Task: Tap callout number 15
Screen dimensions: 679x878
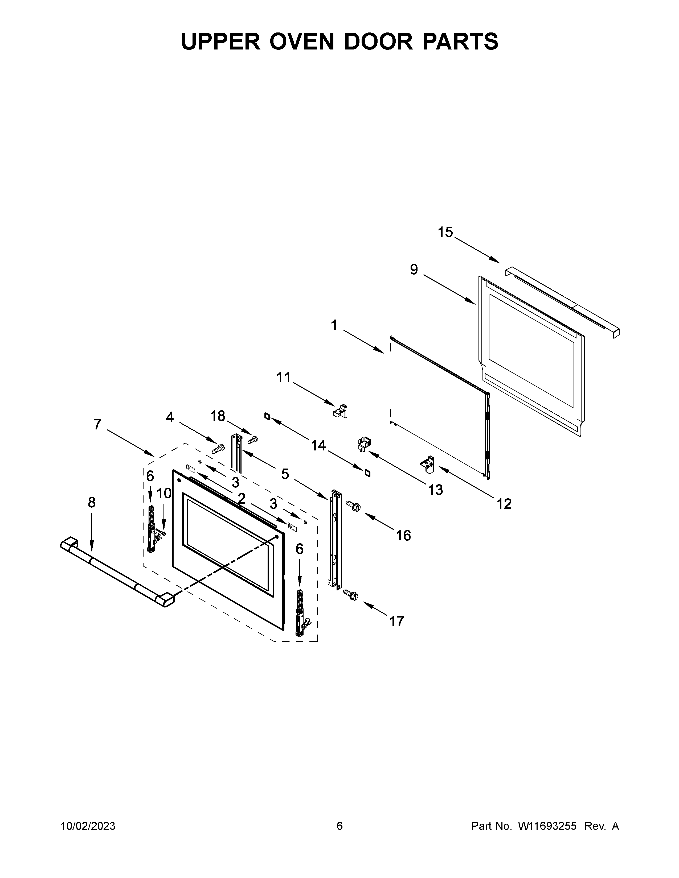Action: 445,232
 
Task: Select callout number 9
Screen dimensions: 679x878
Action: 414,269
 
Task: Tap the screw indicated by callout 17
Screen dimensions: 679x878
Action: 351,595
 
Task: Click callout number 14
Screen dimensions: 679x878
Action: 318,445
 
